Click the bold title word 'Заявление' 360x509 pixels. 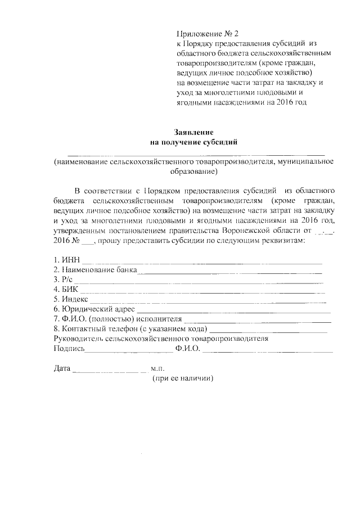click(x=195, y=132)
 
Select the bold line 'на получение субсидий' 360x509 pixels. click(x=195, y=143)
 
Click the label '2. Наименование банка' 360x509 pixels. click(x=95, y=271)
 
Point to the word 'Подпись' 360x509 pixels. click(x=69, y=349)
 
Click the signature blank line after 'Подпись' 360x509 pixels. click(x=129, y=352)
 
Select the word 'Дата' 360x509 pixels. click(x=62, y=370)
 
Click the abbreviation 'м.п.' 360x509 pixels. click(x=157, y=370)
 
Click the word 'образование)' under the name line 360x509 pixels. click(x=194, y=172)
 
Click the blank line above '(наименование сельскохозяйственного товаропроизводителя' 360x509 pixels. click(x=196, y=154)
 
